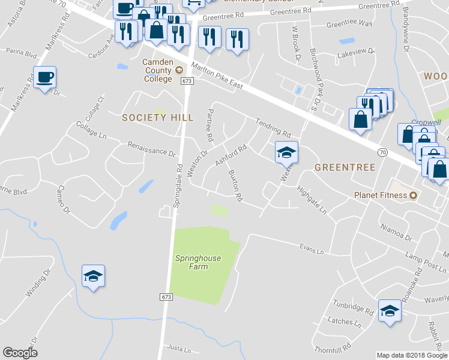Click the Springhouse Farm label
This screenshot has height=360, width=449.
tap(198, 262)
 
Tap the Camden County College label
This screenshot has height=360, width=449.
tap(157, 70)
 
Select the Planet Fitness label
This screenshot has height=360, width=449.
tap(381, 195)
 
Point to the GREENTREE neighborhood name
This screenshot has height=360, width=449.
tap(345, 167)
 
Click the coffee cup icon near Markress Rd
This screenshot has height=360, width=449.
tap(44, 77)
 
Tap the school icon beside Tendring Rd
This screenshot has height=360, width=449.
tap(286, 152)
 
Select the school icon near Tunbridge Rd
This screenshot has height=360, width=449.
tap(390, 311)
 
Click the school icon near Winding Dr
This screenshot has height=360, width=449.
tap(93, 275)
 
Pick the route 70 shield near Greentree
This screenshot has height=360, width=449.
tap(382, 153)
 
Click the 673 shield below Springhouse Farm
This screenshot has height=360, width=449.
tap(166, 297)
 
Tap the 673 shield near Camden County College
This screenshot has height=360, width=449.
tap(187, 80)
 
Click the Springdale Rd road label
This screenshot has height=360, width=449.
tap(177, 185)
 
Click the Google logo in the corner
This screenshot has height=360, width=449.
tap(20, 353)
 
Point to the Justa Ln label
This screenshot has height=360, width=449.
tap(179, 348)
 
